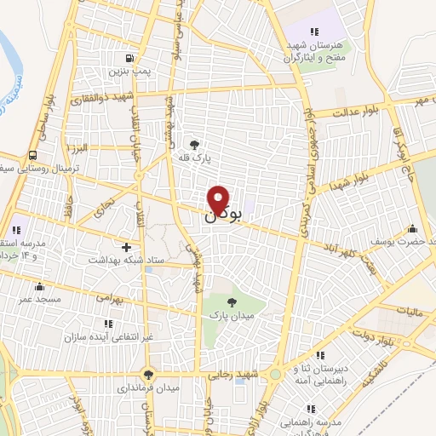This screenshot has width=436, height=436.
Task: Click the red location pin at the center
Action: point(218,199)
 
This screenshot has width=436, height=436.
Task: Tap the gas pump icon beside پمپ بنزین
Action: point(128,58)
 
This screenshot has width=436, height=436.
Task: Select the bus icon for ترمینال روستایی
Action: point(32,155)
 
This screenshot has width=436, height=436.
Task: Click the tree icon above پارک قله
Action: point(195,144)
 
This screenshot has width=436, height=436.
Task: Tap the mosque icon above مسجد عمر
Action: point(39,287)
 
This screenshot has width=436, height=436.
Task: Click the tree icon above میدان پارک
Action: point(232,301)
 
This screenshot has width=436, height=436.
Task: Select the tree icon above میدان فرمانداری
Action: point(149,374)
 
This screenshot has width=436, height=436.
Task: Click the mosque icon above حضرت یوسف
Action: point(413,227)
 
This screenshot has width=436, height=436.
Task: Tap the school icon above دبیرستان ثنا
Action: point(320,355)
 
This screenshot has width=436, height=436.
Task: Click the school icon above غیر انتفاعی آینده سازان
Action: point(108,324)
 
